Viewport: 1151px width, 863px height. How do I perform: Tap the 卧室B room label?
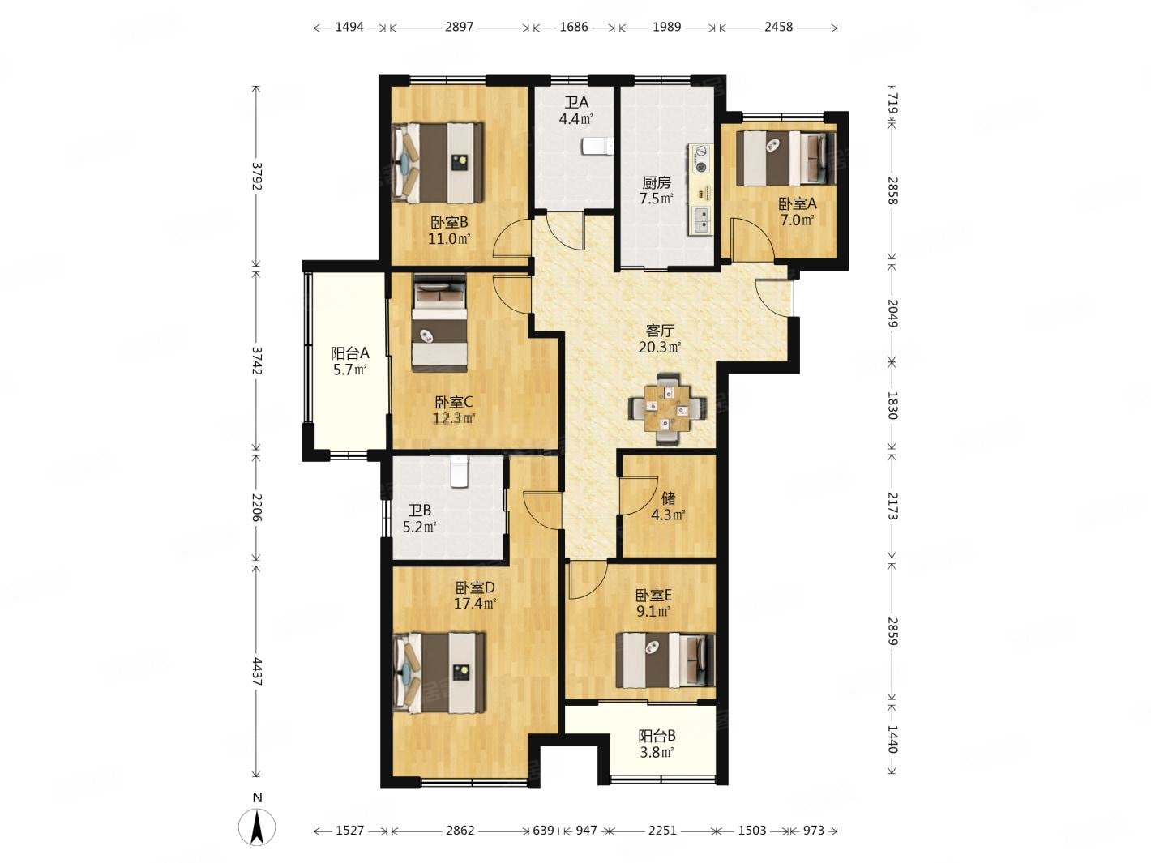pos(449,223)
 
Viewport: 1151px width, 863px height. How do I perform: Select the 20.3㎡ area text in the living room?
pos(659,347)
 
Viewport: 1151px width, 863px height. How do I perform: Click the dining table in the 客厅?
pos(668,409)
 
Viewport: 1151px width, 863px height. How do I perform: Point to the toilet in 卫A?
pos(597,146)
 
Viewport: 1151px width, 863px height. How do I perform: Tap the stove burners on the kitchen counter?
pos(700,160)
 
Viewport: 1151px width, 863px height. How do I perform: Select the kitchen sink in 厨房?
pos(700,220)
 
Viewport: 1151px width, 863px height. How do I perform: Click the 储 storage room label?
pos(668,498)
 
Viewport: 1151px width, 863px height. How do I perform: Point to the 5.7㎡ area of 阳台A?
pos(349,370)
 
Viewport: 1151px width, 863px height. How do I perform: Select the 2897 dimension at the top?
pos(459,26)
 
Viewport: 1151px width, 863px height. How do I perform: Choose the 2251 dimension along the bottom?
pos(662,831)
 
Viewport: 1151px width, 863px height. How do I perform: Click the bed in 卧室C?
pos(439,323)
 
